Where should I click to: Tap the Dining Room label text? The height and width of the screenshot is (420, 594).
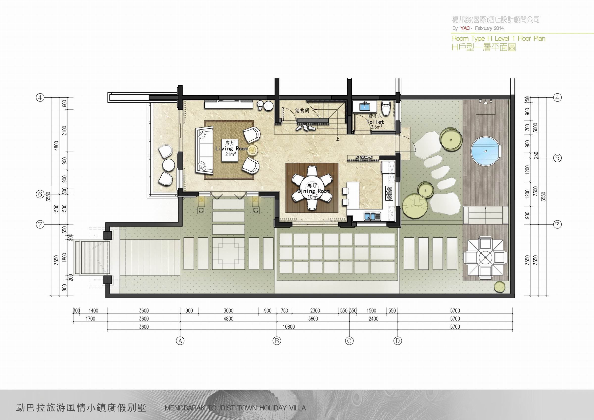click(313, 191)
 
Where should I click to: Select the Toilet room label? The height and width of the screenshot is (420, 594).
click(375, 122)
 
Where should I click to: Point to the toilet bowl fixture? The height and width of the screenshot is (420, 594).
click(386, 107)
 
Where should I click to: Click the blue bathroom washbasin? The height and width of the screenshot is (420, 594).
click(365, 106)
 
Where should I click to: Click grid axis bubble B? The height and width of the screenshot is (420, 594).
click(276, 341)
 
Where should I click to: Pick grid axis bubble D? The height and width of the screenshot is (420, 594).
click(398, 341)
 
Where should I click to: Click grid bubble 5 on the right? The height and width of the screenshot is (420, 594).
click(558, 157)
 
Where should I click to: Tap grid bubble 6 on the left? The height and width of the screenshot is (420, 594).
click(40, 194)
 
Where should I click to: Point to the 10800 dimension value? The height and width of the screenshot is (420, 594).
click(289, 327)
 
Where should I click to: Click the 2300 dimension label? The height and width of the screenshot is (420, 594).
click(315, 311)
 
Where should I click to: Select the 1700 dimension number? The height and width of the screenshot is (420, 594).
click(90, 319)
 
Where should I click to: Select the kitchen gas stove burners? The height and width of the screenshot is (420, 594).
click(389, 193)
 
